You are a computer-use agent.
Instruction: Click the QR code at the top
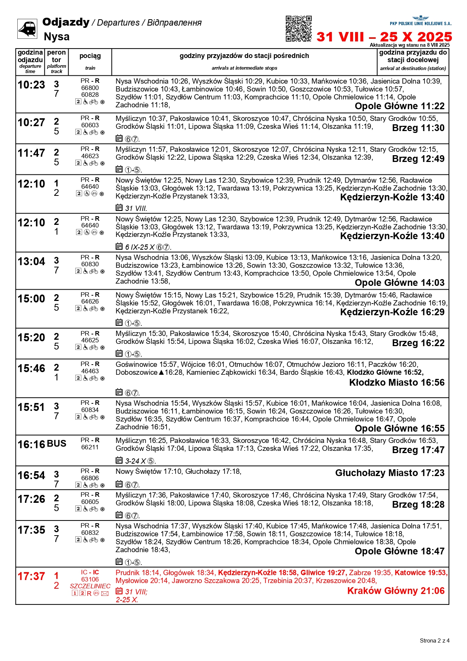coord(298,29)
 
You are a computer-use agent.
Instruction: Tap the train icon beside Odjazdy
coord(27,29)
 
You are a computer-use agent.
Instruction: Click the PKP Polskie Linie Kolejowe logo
coord(420,21)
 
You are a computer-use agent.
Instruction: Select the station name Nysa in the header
coord(56,37)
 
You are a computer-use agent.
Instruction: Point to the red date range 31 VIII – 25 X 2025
coord(384,37)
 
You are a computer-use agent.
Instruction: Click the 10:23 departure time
coord(31,85)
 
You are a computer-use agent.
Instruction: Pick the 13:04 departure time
coord(31,261)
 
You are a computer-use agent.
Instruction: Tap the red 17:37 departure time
coord(31,577)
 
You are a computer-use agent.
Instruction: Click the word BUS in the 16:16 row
coord(56,444)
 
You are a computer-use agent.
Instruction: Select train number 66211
coord(90,447)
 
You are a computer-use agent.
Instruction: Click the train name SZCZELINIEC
coord(90,586)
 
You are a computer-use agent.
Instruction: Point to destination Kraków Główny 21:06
coord(396,591)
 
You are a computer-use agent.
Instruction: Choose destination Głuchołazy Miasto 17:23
coord(390,473)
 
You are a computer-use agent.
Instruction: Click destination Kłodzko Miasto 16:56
coord(397,382)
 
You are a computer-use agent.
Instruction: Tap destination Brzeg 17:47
coord(418,450)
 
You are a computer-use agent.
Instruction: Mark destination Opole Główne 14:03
coord(400,282)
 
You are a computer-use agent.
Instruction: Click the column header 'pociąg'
coord(90,56)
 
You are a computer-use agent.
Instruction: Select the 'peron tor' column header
coord(56,56)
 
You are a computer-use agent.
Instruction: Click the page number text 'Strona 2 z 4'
coord(435,640)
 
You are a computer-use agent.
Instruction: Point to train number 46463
coord(90,371)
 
